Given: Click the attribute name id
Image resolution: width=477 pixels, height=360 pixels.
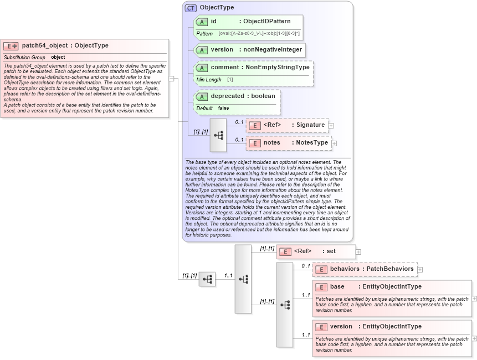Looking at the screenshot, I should click(x=214, y=21).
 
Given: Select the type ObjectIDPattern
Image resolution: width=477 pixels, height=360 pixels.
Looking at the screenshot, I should click(x=267, y=21).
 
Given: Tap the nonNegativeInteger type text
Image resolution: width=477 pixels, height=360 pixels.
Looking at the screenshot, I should click(x=271, y=49).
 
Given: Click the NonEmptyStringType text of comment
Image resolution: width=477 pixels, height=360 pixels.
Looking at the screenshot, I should click(x=278, y=67).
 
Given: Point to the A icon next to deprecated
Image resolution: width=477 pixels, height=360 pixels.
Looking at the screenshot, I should click(x=202, y=96).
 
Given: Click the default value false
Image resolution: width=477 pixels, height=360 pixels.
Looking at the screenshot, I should click(x=223, y=108).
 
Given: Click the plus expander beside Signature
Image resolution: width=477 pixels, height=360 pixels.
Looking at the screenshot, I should click(x=331, y=125).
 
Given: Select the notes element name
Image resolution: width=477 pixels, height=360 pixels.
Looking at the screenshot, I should click(x=272, y=142).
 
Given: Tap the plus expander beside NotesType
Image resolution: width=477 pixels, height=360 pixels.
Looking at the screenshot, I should click(x=335, y=143).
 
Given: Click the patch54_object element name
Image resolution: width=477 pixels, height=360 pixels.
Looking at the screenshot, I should click(x=47, y=45).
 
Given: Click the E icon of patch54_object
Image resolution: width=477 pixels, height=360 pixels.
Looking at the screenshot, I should click(x=11, y=46).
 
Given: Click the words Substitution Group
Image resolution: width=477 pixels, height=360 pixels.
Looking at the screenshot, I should click(x=24, y=57).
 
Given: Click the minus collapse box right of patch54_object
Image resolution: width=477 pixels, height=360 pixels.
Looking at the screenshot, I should click(x=172, y=79).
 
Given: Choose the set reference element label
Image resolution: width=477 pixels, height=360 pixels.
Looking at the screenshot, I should click(x=331, y=251).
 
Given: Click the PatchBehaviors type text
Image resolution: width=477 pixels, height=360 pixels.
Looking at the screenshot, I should click(x=390, y=269).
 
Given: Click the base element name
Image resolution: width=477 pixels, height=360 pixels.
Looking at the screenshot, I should click(x=337, y=286).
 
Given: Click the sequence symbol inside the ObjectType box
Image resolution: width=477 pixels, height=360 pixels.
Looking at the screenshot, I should click(x=218, y=135).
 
